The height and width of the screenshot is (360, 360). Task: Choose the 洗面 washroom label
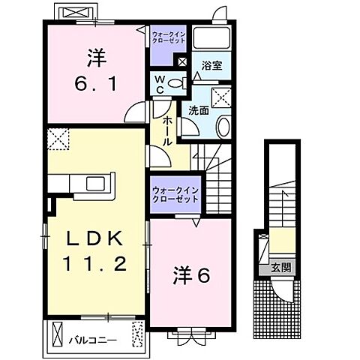pos(198,110)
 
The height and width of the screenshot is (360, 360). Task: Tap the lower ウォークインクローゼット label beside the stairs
pos(175,194)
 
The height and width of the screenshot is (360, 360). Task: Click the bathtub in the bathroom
pos(214,40)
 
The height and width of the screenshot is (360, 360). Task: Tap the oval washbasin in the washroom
pos(223,126)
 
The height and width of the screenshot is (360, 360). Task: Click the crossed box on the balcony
pos(137,331)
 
